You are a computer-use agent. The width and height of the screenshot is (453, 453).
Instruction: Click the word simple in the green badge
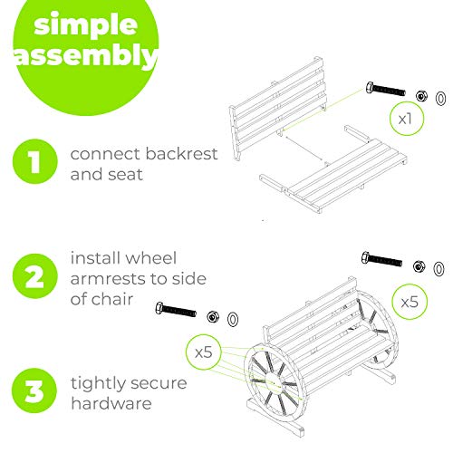pos(86,25)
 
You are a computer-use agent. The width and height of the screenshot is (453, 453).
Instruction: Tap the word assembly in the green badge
pos(85,56)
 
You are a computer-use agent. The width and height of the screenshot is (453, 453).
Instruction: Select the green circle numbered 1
pos(35,161)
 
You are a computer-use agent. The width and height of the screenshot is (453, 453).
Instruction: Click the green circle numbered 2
pos(34,276)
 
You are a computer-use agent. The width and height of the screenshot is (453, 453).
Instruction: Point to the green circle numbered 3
pos(34,390)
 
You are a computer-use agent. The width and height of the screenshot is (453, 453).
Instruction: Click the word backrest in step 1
pos(181,153)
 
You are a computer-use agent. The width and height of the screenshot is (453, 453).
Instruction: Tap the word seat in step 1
pos(127,175)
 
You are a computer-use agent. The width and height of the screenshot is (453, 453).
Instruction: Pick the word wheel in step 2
pos(150,258)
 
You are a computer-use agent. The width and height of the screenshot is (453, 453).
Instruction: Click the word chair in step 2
pos(112,299)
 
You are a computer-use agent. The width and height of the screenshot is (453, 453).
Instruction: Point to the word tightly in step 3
pos(97,384)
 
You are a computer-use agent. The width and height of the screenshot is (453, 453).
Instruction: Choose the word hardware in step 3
pos(111,403)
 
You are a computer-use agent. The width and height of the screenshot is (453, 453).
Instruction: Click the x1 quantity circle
pos(407,119)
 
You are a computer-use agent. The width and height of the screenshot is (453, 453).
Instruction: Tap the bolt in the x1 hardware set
pos(385,89)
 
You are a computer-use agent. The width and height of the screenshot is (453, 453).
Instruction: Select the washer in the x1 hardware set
pos(440,99)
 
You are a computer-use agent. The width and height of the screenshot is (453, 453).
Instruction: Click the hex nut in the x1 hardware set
pos(421,96)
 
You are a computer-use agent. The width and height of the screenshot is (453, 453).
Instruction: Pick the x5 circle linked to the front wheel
pos(204,352)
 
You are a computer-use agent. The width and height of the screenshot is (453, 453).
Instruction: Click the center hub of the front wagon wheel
pos(275,382)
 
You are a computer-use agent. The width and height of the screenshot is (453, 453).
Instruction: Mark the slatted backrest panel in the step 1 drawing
pos(278,108)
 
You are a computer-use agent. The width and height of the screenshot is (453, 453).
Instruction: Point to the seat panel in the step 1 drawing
pos(333,174)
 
